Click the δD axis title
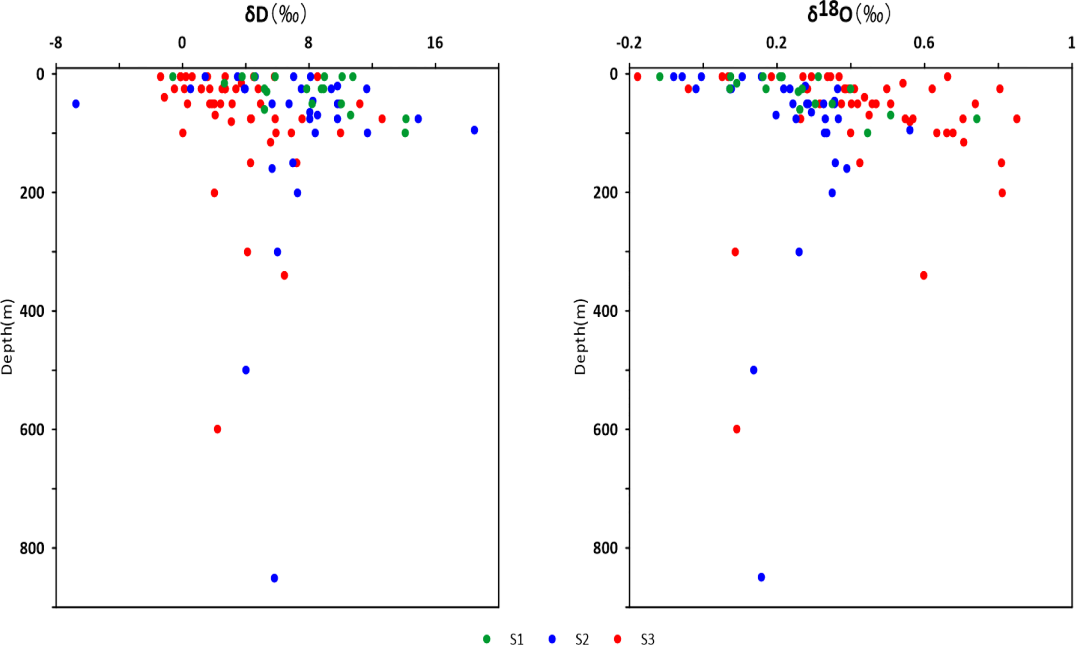tap(275, 15)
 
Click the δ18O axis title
tap(848, 14)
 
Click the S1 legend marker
tap(487, 639)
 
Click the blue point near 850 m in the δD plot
tap(274, 578)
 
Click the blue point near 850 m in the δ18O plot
tap(761, 577)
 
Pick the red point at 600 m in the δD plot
tap(217, 429)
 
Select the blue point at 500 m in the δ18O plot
tap(753, 370)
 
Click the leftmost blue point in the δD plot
tap(76, 104)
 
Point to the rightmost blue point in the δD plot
tap(474, 130)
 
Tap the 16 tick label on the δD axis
tap(435, 43)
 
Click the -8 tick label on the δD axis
tap(56, 43)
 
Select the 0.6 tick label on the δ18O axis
tap(924, 43)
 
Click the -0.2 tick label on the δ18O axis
tap(629, 43)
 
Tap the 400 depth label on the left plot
tap(32, 311)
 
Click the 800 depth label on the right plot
tap(605, 548)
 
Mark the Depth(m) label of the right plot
tap(579, 337)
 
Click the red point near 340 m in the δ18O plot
tap(923, 275)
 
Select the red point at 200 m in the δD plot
tap(214, 193)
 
